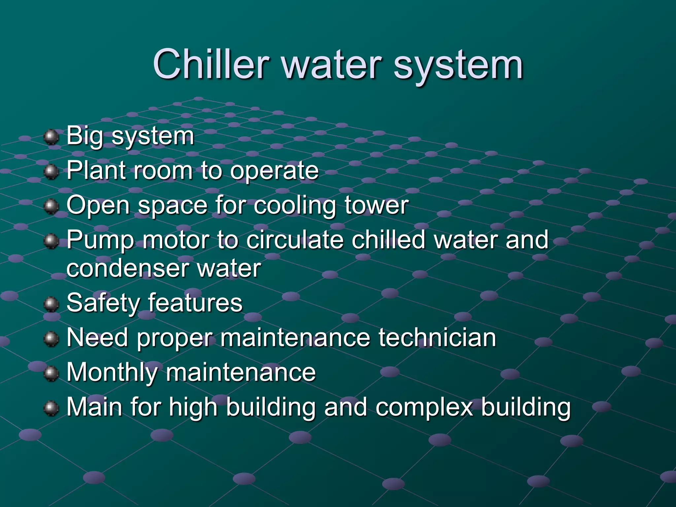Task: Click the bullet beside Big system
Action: point(51,137)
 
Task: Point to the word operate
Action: point(274,172)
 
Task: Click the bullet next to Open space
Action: point(51,206)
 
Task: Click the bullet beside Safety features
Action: point(51,304)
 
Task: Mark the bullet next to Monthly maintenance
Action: point(51,373)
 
